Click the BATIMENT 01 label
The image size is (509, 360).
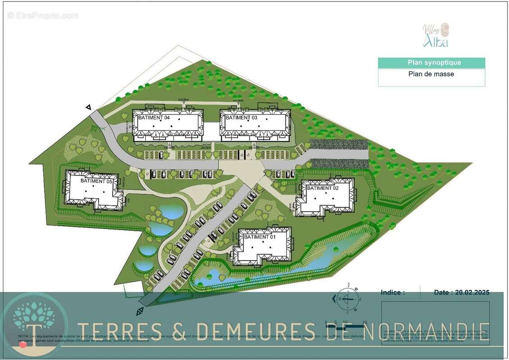pyautogui.click(x=259, y=237)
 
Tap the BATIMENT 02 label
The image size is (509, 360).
pyautogui.click(x=323, y=188)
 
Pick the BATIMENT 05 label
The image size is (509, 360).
pyautogui.click(x=96, y=180)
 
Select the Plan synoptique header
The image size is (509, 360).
pyautogui.click(x=431, y=63)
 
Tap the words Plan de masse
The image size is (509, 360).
pyautogui.click(x=431, y=74)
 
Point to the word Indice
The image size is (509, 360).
pyautogui.click(x=392, y=292)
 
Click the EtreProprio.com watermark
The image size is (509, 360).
pyautogui.click(x=43, y=15)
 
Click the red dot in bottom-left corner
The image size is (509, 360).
pyautogui.click(x=23, y=345)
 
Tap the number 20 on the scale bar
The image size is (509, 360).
pyautogui.click(x=365, y=322)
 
